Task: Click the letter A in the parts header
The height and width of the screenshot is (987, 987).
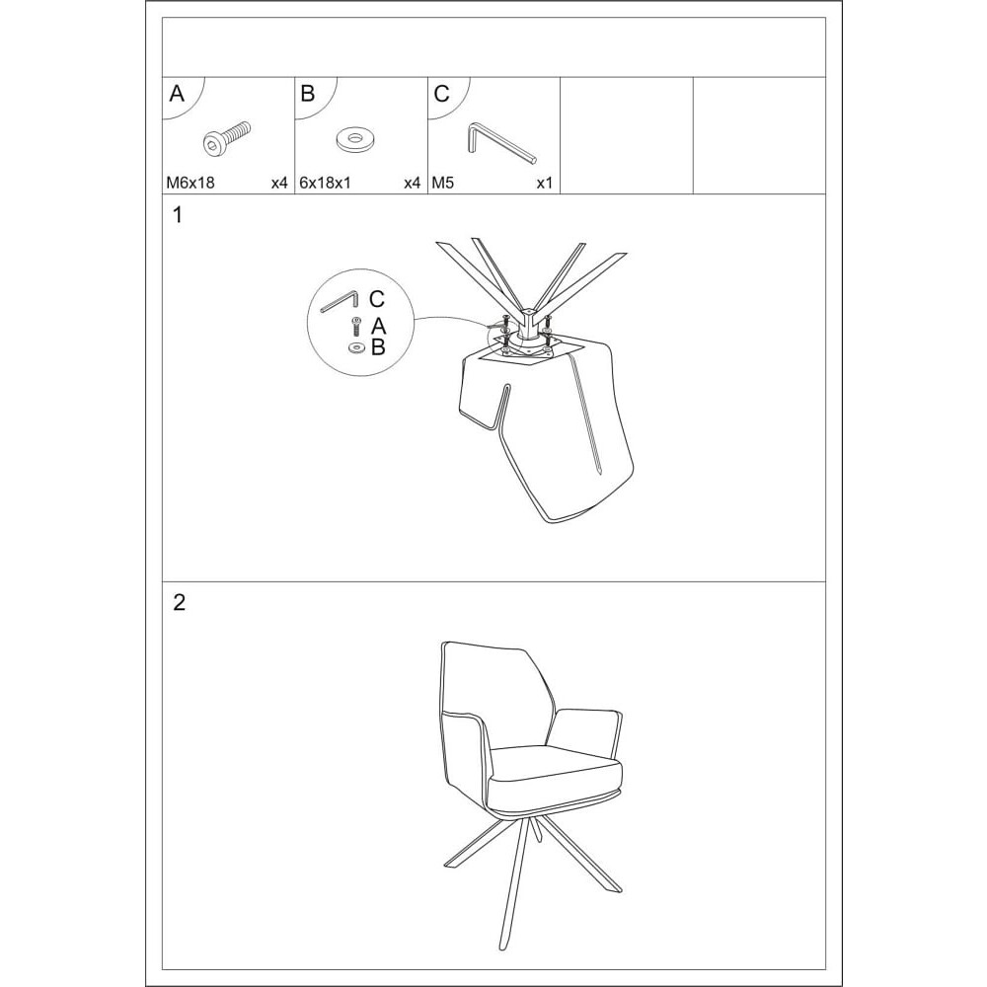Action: [x=177, y=94]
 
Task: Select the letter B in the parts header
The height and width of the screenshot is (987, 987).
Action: [x=308, y=94]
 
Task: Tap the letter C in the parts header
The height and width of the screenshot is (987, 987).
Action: [x=442, y=94]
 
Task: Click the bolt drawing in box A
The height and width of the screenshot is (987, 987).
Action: [x=227, y=137]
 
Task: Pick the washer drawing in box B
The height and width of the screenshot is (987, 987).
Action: [x=354, y=139]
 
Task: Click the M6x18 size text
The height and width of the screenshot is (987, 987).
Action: [x=190, y=184]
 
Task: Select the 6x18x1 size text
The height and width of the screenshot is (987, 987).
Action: [x=325, y=184]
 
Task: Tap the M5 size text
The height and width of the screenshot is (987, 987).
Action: [x=442, y=184]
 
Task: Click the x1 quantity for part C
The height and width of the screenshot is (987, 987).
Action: [x=545, y=184]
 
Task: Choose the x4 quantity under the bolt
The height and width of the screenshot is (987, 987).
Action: [x=279, y=184]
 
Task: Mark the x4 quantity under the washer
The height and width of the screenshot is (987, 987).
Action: [x=413, y=184]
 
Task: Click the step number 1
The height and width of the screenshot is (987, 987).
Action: [x=178, y=215]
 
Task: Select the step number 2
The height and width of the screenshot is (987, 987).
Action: [x=180, y=603]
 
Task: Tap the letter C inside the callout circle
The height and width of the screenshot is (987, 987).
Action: [x=376, y=299]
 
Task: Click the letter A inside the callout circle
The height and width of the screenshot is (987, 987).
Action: [x=378, y=327]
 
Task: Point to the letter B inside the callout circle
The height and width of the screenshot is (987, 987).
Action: [x=378, y=346]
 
